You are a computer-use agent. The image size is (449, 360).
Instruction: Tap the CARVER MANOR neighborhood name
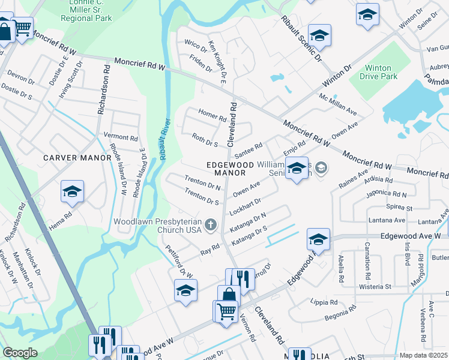click(77, 158)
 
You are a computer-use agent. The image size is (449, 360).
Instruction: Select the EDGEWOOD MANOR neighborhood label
click(227, 167)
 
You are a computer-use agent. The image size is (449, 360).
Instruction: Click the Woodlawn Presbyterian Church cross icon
click(210, 225)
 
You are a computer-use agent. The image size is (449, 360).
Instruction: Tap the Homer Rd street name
click(212, 115)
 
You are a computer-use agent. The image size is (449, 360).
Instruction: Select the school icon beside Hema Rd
click(73, 191)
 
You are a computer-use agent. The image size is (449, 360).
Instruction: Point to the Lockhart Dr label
click(245, 208)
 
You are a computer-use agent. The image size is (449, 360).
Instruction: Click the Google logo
click(20, 353)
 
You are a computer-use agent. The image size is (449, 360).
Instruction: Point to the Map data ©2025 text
click(423, 355)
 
